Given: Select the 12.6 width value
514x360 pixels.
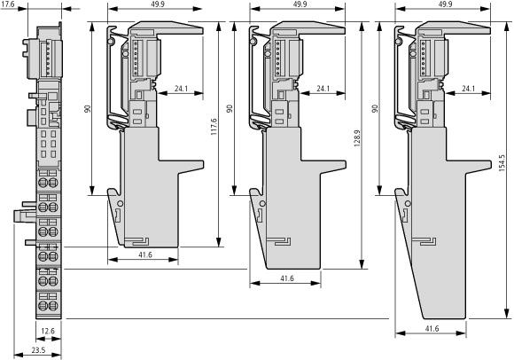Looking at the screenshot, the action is pyautogui.click(x=48, y=331).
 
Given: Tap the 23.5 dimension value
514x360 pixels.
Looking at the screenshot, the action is pyautogui.click(x=38, y=350).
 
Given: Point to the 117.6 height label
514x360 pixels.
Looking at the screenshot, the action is pyautogui.click(x=214, y=127).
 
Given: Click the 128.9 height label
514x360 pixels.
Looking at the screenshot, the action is pyautogui.click(x=357, y=138).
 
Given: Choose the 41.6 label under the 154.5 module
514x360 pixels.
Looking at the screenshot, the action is pyautogui.click(x=432, y=329).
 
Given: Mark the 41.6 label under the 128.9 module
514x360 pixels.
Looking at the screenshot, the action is pyautogui.click(x=287, y=278).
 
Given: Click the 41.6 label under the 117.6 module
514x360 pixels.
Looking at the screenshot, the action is pyautogui.click(x=145, y=254).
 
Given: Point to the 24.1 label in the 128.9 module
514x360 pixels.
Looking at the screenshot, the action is pyautogui.click(x=323, y=88).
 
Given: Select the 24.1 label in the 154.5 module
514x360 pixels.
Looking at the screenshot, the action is pyautogui.click(x=469, y=88).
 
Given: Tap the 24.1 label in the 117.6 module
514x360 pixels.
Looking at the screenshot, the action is pyautogui.click(x=181, y=88).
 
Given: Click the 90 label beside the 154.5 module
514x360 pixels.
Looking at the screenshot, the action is pyautogui.click(x=375, y=108).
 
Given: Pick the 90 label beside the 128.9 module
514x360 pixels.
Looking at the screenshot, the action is pyautogui.click(x=230, y=108).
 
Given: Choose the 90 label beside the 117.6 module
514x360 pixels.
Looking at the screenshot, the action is pyautogui.click(x=88, y=108).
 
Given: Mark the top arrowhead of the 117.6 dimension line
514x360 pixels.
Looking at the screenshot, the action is pyautogui.click(x=218, y=27).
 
